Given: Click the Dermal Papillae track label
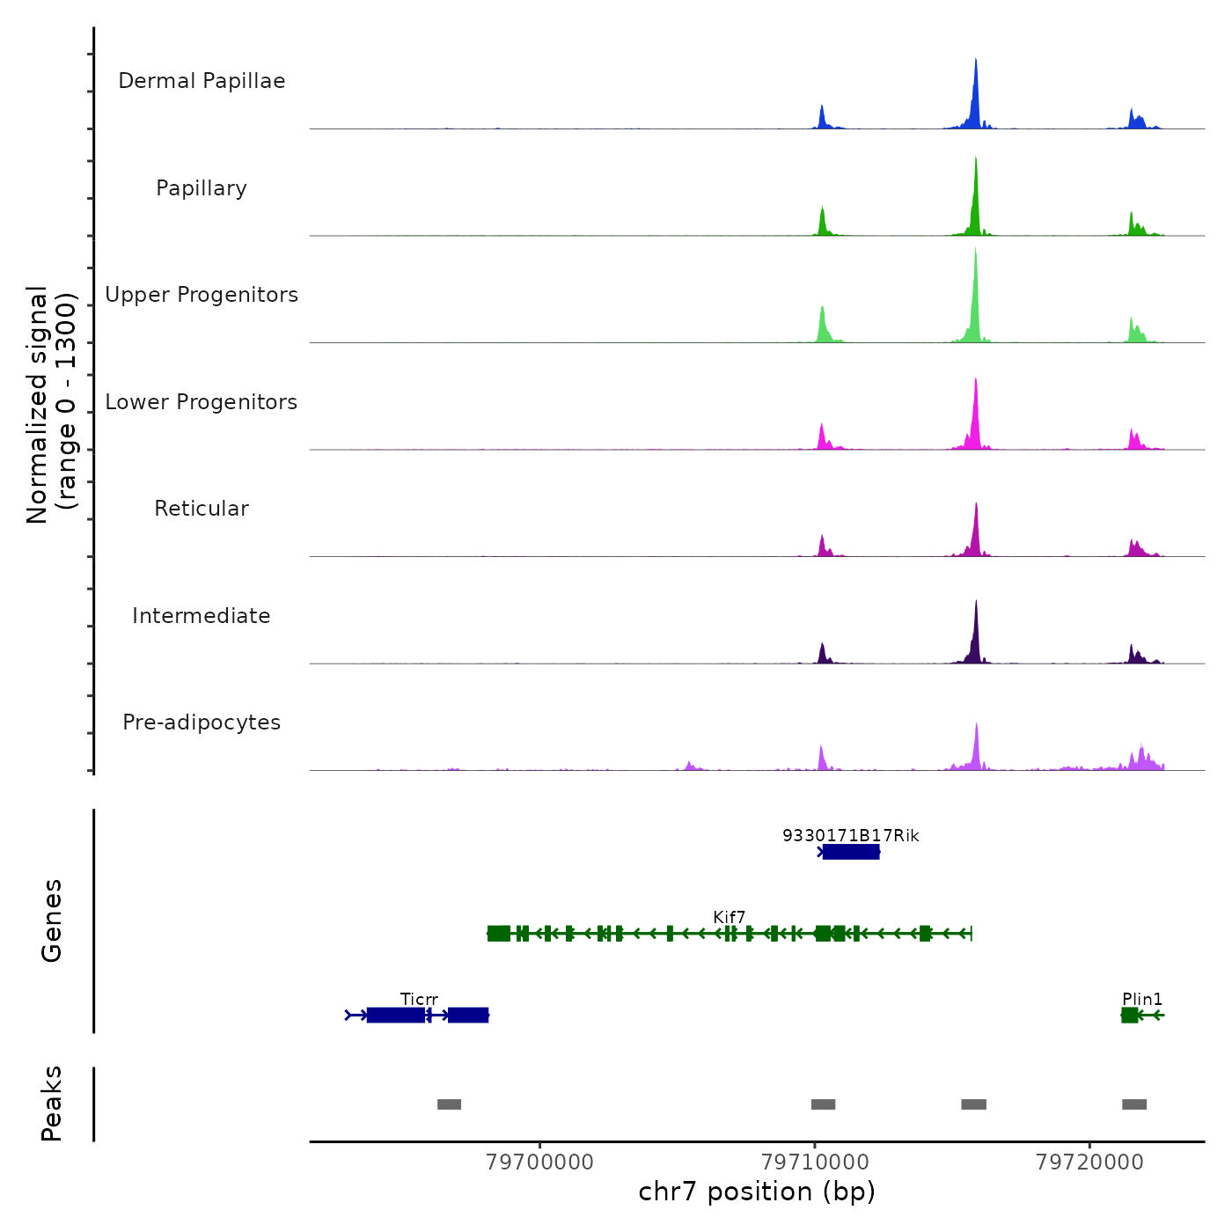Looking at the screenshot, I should (x=202, y=81).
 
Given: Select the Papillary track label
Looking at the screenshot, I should (x=202, y=188).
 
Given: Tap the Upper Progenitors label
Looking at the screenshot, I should (x=202, y=295).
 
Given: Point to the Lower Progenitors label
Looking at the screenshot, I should (x=202, y=402).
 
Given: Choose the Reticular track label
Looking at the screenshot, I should (x=202, y=509).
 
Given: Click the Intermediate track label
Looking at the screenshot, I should (x=202, y=616).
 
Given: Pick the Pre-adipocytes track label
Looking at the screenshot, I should (x=202, y=722).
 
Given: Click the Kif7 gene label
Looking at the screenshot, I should (x=730, y=918).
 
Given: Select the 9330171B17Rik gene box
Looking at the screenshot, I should (x=851, y=852).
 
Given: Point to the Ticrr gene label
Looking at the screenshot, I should (x=419, y=1000).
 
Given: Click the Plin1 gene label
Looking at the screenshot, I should (x=1142, y=1000).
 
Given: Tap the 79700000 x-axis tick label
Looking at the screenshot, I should (x=539, y=1162).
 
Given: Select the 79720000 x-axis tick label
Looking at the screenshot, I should (x=1089, y=1162).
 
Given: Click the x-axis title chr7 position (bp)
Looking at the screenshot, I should (x=757, y=1192).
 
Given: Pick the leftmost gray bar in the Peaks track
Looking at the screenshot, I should (x=449, y=1104).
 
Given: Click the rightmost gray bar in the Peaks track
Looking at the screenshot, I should (x=1134, y=1104).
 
